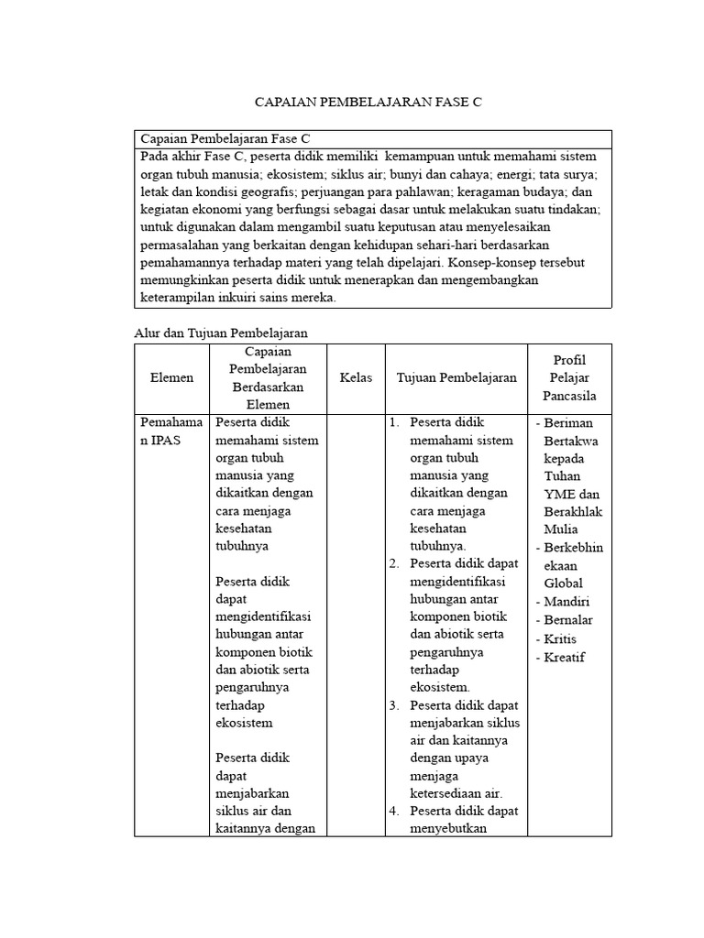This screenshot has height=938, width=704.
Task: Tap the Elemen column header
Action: click(172, 377)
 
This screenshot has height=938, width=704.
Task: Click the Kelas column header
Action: click(356, 377)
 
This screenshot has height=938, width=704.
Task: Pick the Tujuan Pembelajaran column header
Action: click(456, 377)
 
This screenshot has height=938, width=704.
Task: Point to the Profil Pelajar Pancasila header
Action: click(569, 377)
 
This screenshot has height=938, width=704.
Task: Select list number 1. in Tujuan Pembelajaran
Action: click(393, 423)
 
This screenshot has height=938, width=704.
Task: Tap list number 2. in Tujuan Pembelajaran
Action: click(393, 564)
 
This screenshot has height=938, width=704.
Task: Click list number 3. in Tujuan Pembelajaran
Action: click(393, 705)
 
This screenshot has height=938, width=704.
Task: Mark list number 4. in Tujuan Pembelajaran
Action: click(393, 812)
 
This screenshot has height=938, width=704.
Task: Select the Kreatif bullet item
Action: click(565, 657)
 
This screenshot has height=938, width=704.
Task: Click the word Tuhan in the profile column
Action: click(562, 476)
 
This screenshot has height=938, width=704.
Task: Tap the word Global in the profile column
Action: click(564, 583)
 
